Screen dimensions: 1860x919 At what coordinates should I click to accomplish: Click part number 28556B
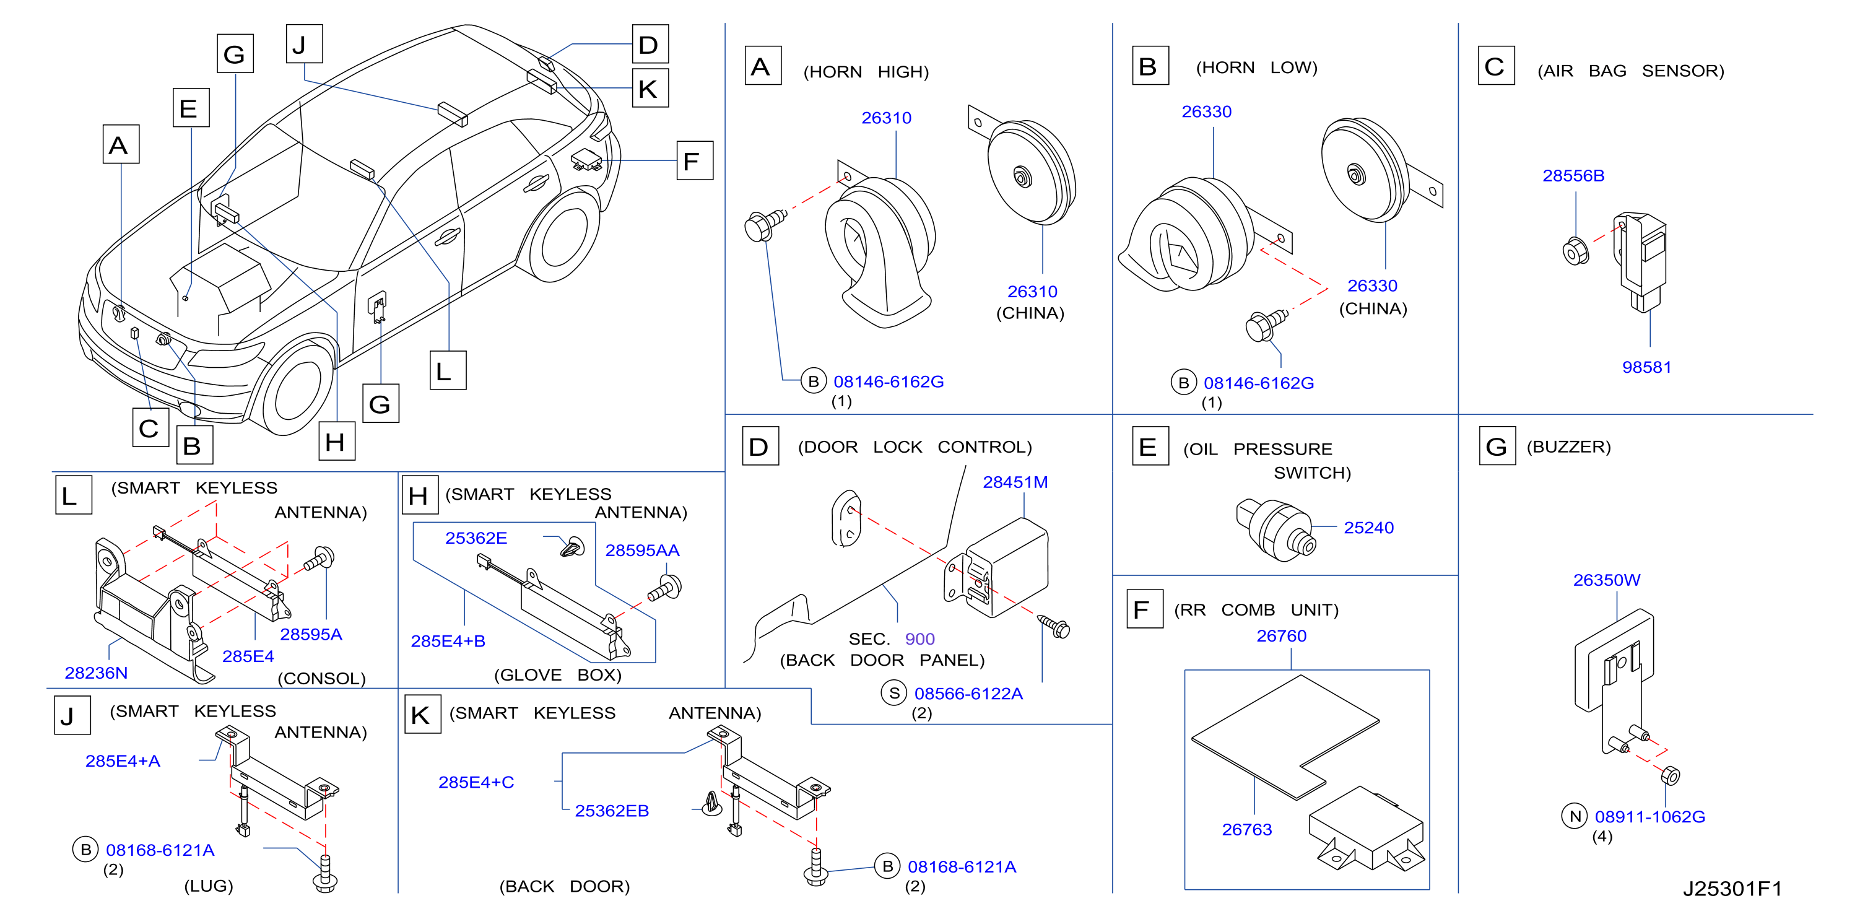pyautogui.click(x=1573, y=176)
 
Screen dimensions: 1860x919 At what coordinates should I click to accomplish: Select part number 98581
pyautogui.click(x=1646, y=367)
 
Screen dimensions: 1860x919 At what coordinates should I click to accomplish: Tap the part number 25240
pyautogui.click(x=1368, y=528)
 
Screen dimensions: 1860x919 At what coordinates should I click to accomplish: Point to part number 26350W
pyautogui.click(x=1607, y=580)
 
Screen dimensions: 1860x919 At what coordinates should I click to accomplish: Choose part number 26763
pyautogui.click(x=1246, y=830)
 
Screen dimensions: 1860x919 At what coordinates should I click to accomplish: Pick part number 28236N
pyautogui.click(x=96, y=673)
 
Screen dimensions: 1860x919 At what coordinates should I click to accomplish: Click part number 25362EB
pyautogui.click(x=612, y=811)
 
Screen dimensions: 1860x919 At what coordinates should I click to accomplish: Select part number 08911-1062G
pyautogui.click(x=1650, y=817)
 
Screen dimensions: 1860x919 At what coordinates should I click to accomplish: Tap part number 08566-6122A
pyautogui.click(x=968, y=694)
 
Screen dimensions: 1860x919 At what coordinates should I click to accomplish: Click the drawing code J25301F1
pyautogui.click(x=1732, y=889)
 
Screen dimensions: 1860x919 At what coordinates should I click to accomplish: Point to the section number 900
pyautogui.click(x=919, y=639)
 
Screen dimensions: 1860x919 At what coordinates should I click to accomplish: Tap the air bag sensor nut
pyautogui.click(x=1575, y=251)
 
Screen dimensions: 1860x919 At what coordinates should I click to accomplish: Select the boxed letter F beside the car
pyautogui.click(x=695, y=160)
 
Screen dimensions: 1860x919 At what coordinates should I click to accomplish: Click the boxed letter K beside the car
pyautogui.click(x=650, y=88)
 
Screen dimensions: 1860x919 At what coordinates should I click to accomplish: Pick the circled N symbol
pyautogui.click(x=1574, y=816)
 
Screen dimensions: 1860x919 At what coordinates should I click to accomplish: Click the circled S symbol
pyautogui.click(x=894, y=693)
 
